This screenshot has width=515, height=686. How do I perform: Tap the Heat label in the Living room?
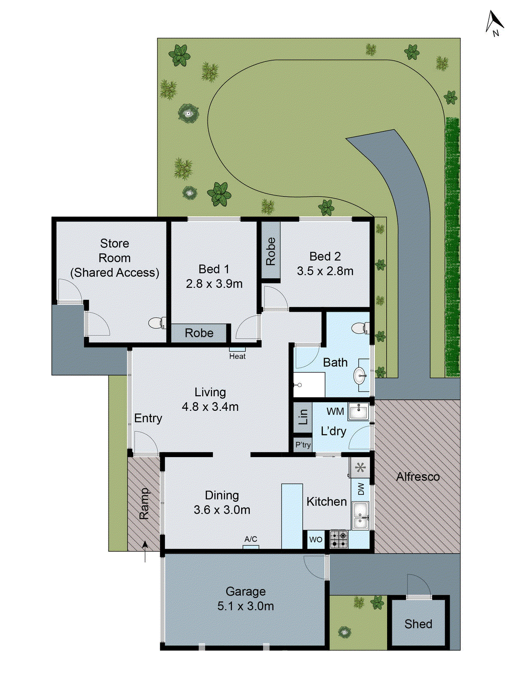pos(237,356)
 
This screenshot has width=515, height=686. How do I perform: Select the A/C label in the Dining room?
pos(251,539)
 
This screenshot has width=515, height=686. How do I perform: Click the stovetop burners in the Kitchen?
pos(339,539)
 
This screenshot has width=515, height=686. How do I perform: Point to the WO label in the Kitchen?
pos(316,540)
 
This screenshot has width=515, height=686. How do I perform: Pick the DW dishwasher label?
pos(361,489)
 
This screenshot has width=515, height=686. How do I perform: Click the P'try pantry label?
pos(303,445)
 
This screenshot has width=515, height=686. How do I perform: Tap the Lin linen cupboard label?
pos(303,416)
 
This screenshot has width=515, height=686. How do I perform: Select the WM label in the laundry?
pos(335,412)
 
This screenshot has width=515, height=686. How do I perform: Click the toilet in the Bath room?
pos(359,328)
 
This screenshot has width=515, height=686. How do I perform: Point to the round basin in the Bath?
pos(360,377)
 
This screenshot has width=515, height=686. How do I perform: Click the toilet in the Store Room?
pos(157,322)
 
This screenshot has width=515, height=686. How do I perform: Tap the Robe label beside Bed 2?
pos(271,252)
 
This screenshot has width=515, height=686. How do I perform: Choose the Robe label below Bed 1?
pos(199,333)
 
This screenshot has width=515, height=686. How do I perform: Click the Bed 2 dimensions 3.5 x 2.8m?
pos(325,271)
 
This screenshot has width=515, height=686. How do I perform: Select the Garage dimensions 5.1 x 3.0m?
pos(245,606)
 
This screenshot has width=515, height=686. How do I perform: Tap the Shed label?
pos(418,624)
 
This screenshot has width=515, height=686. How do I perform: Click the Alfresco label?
pos(418,477)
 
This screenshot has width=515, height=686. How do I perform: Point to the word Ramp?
pos(144,503)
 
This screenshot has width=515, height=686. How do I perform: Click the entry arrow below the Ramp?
pos(145,551)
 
